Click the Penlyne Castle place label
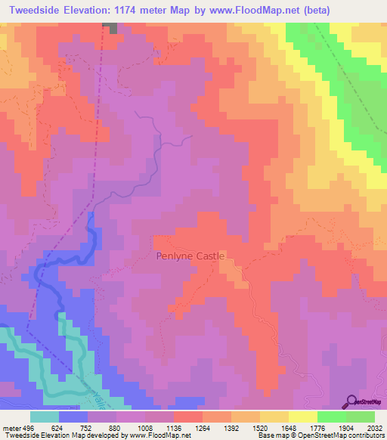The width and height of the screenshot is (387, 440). (190, 256)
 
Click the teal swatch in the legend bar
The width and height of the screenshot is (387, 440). (44, 417)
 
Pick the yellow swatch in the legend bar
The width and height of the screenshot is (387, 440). (302, 417)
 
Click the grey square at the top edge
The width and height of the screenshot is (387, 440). (111, 27)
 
